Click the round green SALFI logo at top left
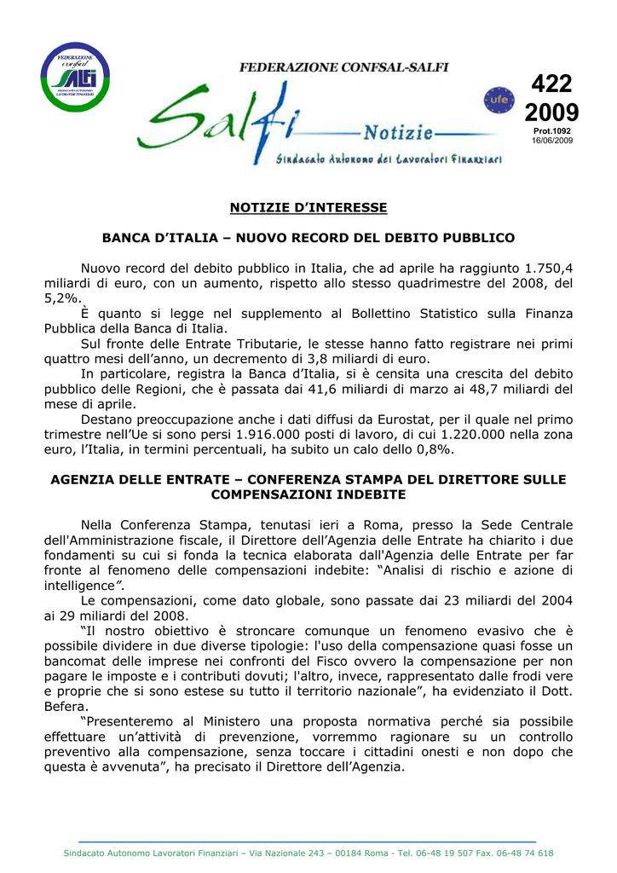tap(77, 77)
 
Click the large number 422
tap(551, 84)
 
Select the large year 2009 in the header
tap(551, 113)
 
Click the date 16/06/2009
tap(552, 140)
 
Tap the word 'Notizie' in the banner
tap(398, 133)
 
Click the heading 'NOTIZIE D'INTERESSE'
tap(308, 207)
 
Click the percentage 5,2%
tap(62, 298)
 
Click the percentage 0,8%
tap(432, 449)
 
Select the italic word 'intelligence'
tap(79, 586)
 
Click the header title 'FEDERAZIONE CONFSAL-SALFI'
tap(343, 66)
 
